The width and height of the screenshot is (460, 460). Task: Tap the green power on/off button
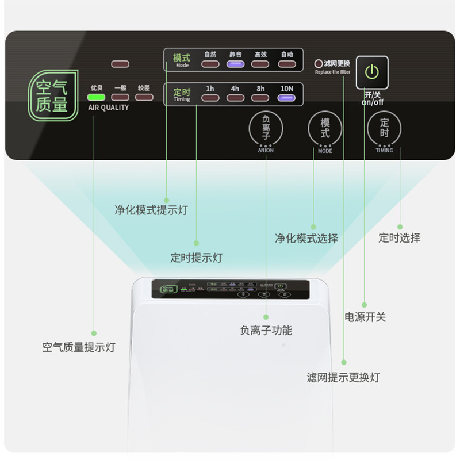pyautogui.click(x=372, y=72)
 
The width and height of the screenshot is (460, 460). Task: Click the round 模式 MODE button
pyautogui.click(x=325, y=128)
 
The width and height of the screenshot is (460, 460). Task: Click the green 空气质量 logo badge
pyautogui.click(x=53, y=95)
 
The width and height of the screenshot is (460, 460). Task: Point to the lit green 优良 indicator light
pyautogui.click(x=96, y=97)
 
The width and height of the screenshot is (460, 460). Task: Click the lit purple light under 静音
pyautogui.click(x=235, y=64)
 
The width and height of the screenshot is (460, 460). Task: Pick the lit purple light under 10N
pyautogui.click(x=286, y=98)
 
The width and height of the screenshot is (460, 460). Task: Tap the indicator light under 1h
pyautogui.click(x=210, y=98)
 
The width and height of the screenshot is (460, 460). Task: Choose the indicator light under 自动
pyautogui.click(x=286, y=64)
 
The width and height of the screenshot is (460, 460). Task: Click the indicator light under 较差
pyautogui.click(x=144, y=97)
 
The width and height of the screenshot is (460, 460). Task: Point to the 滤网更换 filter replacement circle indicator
pyautogui.click(x=319, y=63)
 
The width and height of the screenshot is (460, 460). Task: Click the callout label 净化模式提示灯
pyautogui.click(x=151, y=210)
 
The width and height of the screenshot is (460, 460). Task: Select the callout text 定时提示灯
pyautogui.click(x=196, y=258)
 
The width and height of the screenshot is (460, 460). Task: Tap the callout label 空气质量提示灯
pyautogui.click(x=79, y=347)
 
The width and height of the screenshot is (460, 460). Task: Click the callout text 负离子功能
pyautogui.click(x=266, y=330)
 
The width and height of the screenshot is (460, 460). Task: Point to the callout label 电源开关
pyautogui.click(x=365, y=317)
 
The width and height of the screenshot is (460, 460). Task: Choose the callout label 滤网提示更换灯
pyautogui.click(x=343, y=377)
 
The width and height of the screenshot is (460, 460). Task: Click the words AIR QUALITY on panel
pyautogui.click(x=108, y=108)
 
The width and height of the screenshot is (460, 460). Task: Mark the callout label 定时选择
pyautogui.click(x=399, y=237)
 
